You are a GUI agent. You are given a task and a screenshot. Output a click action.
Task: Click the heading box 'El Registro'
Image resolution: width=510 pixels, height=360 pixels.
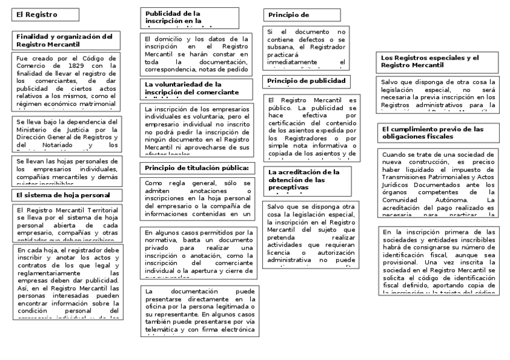(46, 15)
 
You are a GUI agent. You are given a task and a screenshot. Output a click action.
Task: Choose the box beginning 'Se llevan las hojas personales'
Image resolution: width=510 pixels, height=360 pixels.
(66, 171)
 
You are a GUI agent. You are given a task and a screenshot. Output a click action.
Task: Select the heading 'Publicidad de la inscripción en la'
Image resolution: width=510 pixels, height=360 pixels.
(197, 17)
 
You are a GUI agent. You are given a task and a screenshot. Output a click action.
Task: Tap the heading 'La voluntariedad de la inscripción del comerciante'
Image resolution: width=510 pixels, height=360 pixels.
(197, 88)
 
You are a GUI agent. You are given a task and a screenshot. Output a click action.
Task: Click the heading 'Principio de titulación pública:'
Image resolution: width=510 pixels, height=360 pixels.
(197, 167)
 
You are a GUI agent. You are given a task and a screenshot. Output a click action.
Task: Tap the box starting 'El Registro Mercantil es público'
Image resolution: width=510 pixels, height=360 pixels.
(313, 127)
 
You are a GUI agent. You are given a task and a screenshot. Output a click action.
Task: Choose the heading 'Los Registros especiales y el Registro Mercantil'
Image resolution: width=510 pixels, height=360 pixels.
(436, 61)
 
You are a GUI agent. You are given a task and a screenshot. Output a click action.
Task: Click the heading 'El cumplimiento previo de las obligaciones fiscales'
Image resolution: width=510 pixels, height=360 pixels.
(436, 132)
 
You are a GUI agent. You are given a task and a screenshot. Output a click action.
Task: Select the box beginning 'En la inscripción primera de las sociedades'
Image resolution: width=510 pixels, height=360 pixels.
(438, 261)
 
